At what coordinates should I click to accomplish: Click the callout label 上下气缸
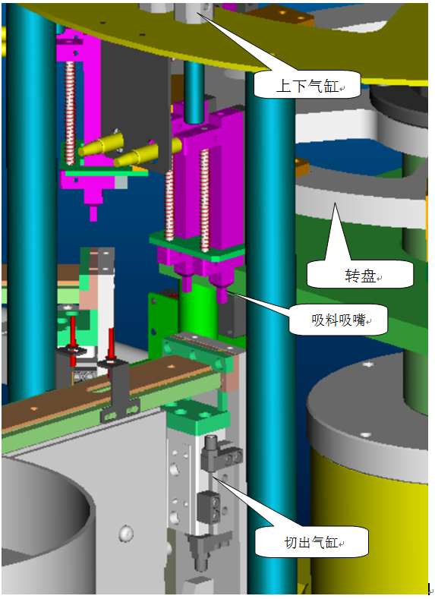click(x=307, y=85)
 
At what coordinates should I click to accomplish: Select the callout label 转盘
click(x=360, y=275)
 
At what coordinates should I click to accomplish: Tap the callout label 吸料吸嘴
click(x=339, y=320)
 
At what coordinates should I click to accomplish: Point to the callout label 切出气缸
click(x=311, y=542)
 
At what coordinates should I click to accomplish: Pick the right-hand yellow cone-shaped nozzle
click(x=147, y=153)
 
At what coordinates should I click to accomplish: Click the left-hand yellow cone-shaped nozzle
click(x=101, y=144)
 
